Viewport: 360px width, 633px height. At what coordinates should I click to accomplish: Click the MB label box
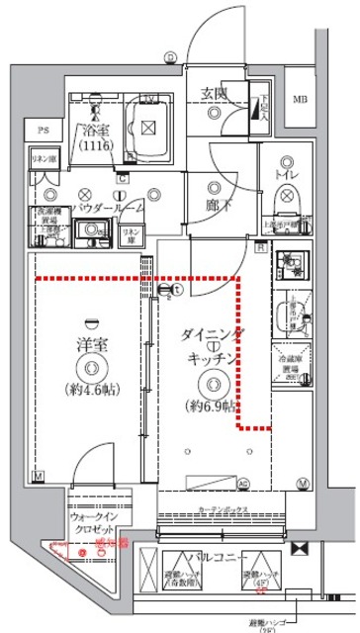point(300,98)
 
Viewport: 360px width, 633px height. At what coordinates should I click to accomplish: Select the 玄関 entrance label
point(216,94)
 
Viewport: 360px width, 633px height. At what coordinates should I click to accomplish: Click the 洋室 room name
point(91,347)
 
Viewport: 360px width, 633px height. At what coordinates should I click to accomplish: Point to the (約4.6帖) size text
point(91,388)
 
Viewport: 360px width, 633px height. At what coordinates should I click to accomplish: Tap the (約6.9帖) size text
point(210,405)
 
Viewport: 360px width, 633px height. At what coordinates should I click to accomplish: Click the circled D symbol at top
point(170,56)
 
